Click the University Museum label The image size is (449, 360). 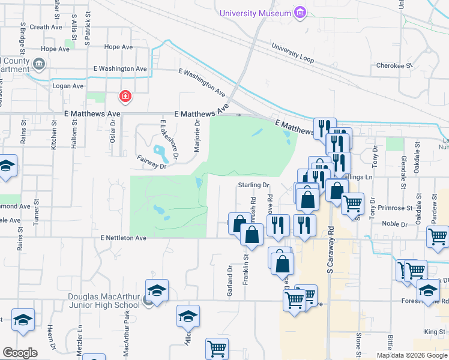click(x=255, y=13)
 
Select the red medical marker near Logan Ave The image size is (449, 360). click(x=125, y=96)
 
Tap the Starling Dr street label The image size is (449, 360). click(x=254, y=185)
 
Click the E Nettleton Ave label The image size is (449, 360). click(x=124, y=238)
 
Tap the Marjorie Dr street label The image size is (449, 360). click(x=197, y=136)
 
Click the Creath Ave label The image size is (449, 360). click(x=46, y=27)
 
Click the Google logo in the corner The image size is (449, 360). click(x=20, y=352)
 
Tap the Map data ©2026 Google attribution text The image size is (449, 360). click(x=412, y=355)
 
